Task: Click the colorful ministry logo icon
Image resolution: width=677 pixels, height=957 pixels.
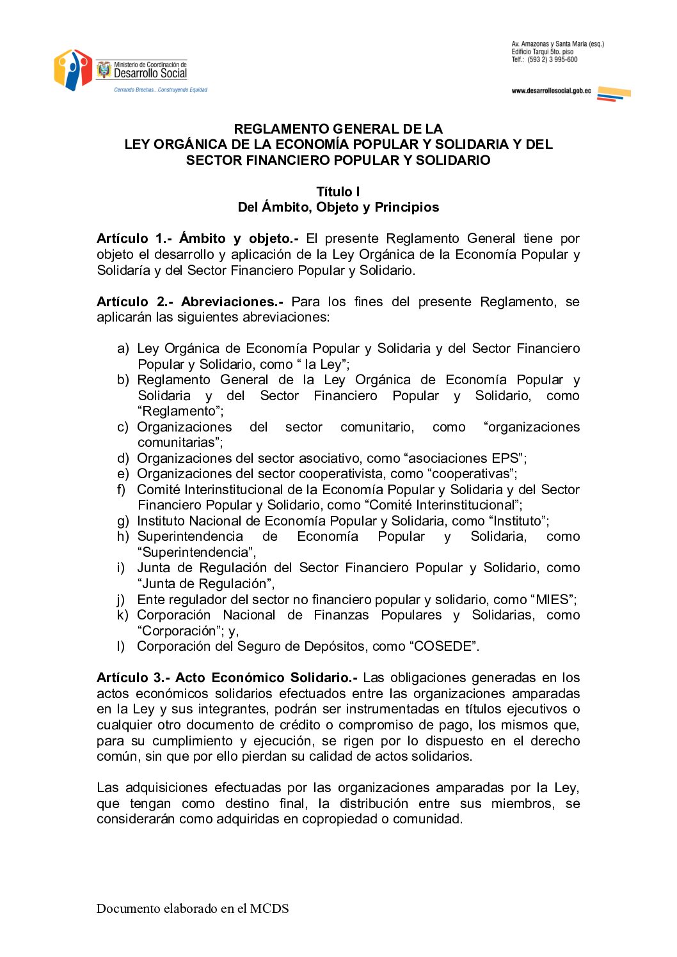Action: tap(73, 70)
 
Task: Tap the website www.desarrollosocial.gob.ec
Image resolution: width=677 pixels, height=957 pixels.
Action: tap(551, 91)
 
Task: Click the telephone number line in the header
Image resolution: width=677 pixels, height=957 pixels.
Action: tap(545, 59)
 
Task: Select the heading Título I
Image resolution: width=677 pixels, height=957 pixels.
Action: tap(338, 192)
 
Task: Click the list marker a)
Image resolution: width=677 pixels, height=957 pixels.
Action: tap(123, 348)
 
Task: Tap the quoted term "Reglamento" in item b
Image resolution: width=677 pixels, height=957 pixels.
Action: tap(180, 411)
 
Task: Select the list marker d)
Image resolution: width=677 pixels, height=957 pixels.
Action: tap(123, 458)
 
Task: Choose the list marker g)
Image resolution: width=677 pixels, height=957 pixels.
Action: tap(123, 521)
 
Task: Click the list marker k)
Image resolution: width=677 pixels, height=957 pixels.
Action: tap(123, 615)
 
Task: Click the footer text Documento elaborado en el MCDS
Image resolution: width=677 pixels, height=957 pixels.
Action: tap(193, 908)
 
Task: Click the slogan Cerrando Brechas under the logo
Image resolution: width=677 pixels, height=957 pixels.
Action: tap(161, 90)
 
